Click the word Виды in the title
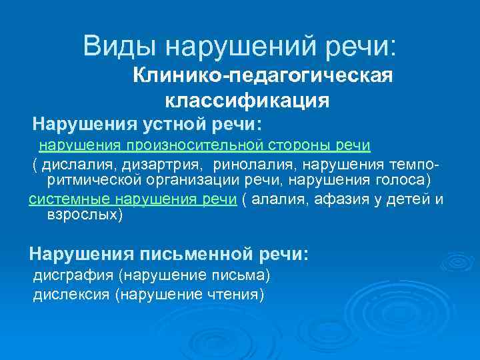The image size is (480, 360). pos(119,46)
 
